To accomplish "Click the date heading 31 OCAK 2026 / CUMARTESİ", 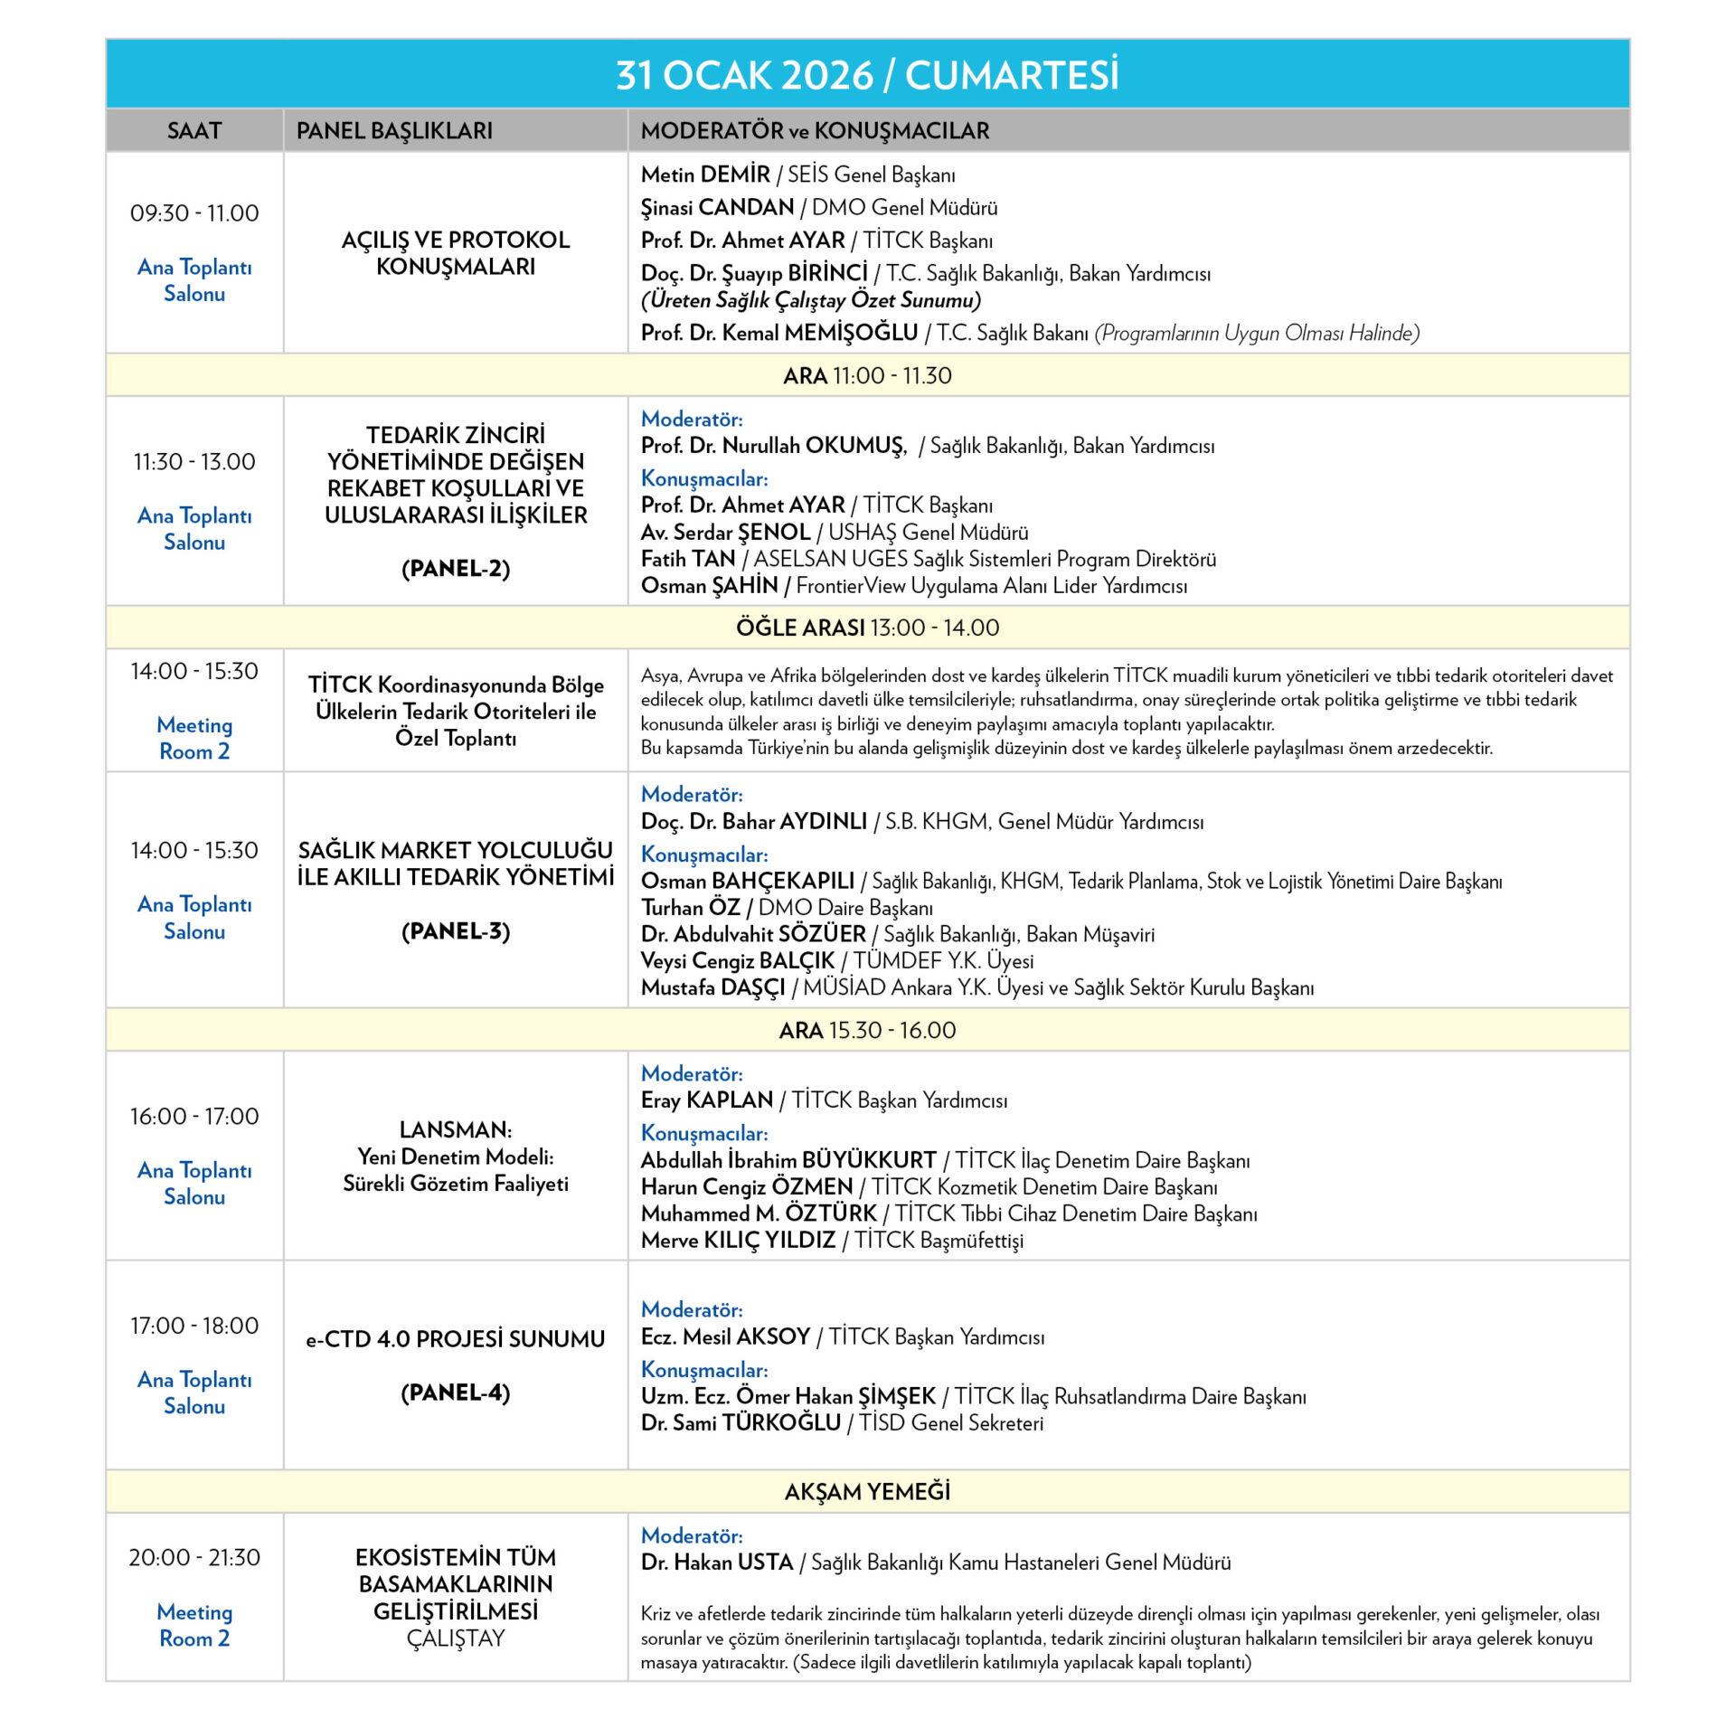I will pyautogui.click(x=867, y=75).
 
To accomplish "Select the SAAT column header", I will pyautogui.click(x=194, y=131).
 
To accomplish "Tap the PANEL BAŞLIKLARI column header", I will pyautogui.click(x=394, y=131).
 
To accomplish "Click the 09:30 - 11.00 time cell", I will pyautogui.click(x=194, y=213).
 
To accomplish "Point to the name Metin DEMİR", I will pyautogui.click(x=705, y=175).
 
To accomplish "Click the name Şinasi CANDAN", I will pyautogui.click(x=717, y=208).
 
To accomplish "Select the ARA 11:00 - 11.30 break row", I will pyautogui.click(x=867, y=375).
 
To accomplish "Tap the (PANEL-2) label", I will pyautogui.click(x=456, y=569).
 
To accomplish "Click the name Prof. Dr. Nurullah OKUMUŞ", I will pyautogui.click(x=773, y=446).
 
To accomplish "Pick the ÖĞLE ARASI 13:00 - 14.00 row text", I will pyautogui.click(x=867, y=628).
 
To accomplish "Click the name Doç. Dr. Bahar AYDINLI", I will pyautogui.click(x=754, y=822).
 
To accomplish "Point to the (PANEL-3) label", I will pyautogui.click(x=456, y=931).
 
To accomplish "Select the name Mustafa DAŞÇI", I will pyautogui.click(x=713, y=987).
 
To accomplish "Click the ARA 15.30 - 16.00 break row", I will pyautogui.click(x=867, y=1030).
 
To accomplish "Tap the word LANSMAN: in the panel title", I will pyautogui.click(x=456, y=1130).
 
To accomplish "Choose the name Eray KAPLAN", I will pyautogui.click(x=707, y=1100).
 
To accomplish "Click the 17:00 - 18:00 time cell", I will pyautogui.click(x=194, y=1326).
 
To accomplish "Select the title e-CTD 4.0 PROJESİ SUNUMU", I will pyautogui.click(x=456, y=1339).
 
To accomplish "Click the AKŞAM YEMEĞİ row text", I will pyautogui.click(x=867, y=1492).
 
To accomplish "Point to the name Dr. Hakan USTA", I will pyautogui.click(x=717, y=1563).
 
